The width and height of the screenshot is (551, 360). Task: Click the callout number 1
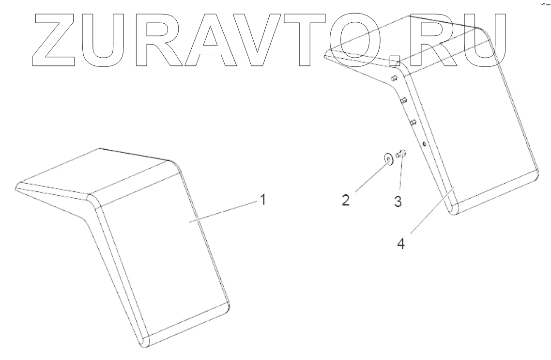(262, 200)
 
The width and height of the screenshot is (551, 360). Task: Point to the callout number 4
(400, 242)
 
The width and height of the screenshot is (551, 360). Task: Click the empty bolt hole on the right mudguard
(424, 143)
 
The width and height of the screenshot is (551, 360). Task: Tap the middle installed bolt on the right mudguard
(403, 100)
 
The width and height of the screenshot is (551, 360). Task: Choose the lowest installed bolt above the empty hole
(413, 123)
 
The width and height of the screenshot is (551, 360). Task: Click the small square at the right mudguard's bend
(395, 61)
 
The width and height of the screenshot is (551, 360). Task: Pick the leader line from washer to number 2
(368, 177)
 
